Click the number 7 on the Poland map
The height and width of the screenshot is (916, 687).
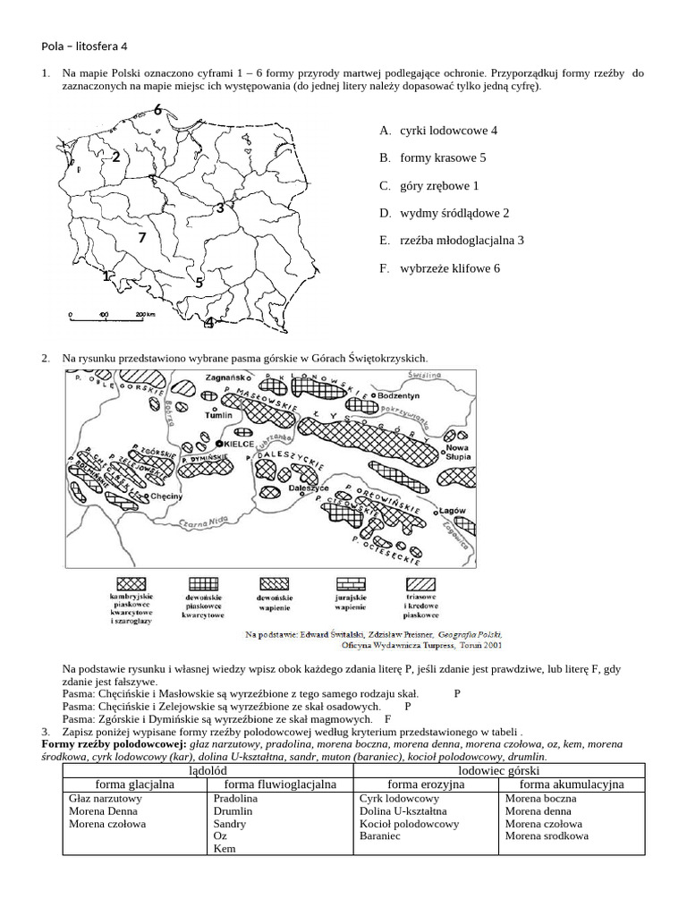[x=141, y=238]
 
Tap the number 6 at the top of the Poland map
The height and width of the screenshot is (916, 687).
[x=157, y=110]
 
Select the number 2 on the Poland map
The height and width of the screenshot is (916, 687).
[x=115, y=157]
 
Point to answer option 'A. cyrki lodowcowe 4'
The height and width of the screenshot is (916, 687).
[x=438, y=131]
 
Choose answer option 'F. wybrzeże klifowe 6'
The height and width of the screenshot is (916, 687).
[x=439, y=267]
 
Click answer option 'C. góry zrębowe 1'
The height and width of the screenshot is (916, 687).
[x=429, y=185]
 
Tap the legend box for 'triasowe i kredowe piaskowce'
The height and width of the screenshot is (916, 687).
[x=420, y=585]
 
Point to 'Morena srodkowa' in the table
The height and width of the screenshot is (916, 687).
[x=546, y=836]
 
